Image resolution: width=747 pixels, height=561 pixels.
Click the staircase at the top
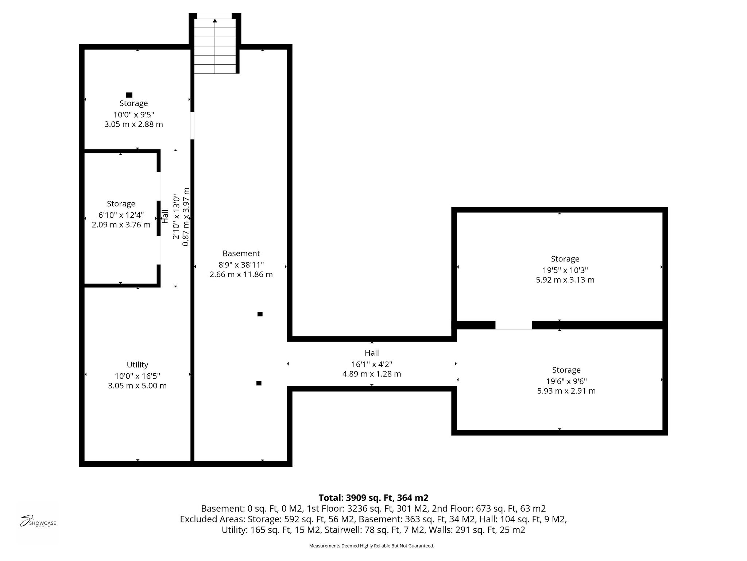click(215, 46)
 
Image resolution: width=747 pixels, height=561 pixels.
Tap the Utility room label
click(137, 365)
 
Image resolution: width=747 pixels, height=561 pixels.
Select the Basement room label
click(241, 253)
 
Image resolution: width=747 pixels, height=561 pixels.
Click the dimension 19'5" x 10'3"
click(565, 270)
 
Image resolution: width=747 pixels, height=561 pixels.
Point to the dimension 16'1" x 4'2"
click(372, 364)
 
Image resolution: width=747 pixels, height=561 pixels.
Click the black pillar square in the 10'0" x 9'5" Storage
click(129, 95)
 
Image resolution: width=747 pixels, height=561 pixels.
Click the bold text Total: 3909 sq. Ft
click(373, 498)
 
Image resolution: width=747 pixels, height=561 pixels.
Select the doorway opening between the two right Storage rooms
click(514, 325)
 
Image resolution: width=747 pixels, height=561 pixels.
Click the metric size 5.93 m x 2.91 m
click(566, 391)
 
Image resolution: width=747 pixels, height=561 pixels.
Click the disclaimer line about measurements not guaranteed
click(371, 546)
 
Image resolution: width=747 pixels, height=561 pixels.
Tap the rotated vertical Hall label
click(165, 216)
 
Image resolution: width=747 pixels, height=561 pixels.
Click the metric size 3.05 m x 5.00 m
click(137, 386)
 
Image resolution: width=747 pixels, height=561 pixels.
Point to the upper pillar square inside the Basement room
click(260, 314)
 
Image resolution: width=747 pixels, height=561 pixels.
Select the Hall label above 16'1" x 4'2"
click(372, 353)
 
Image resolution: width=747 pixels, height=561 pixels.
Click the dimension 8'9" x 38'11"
click(241, 264)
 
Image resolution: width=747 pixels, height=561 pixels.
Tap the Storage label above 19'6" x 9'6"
click(566, 370)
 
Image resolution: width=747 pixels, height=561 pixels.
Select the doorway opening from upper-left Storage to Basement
click(192, 125)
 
